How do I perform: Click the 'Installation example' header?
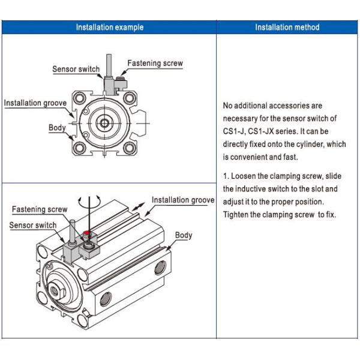109,27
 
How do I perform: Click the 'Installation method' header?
287,27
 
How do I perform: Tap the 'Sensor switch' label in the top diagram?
76,70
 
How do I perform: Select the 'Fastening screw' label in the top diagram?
155,63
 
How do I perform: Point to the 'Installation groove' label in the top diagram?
35,103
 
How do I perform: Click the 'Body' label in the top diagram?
57,128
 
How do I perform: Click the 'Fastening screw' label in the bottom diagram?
40,209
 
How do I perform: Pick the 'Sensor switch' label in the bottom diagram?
33,225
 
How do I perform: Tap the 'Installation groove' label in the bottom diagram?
183,200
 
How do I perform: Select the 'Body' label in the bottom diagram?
184,235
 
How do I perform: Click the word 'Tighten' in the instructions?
236,214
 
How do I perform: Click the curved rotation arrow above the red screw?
88,202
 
